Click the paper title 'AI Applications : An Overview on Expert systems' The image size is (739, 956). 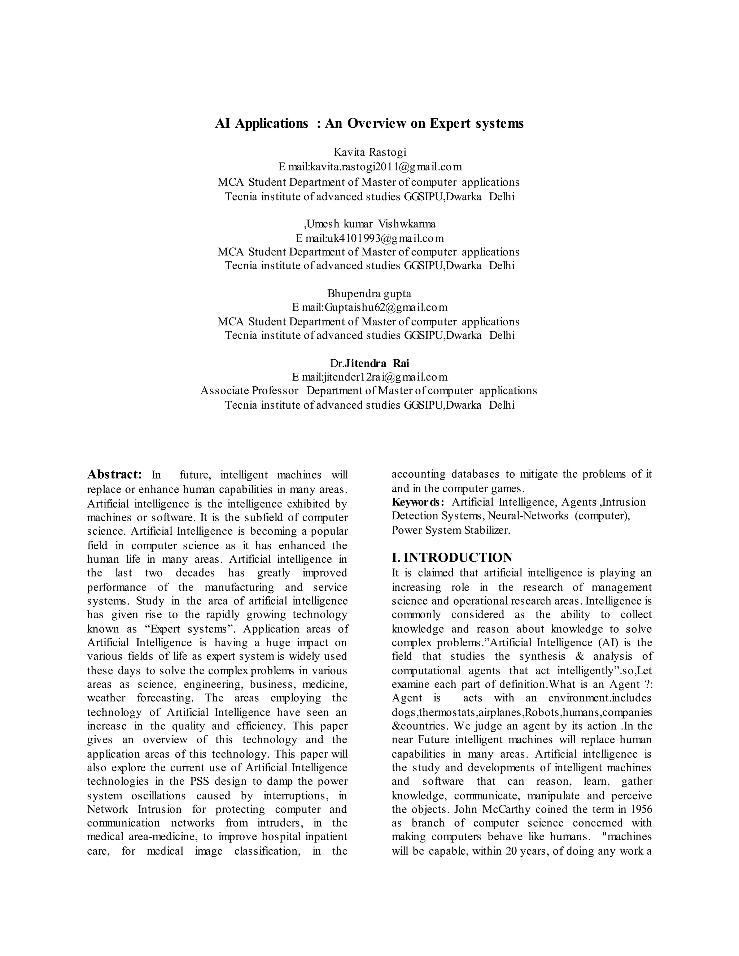pos(369,124)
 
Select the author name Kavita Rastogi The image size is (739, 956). pos(370,152)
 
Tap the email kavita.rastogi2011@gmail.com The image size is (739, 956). pos(385,167)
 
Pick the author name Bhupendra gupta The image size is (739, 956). pos(369,294)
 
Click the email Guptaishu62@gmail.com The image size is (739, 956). pos(386,307)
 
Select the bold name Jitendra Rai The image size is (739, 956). pos(377,363)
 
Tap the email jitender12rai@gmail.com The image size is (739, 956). pos(385,377)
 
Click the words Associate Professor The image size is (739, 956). pos(250,391)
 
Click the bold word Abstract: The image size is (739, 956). pos(114,475)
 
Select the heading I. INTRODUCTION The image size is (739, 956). pos(452,558)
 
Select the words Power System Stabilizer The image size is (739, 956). pos(451,531)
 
